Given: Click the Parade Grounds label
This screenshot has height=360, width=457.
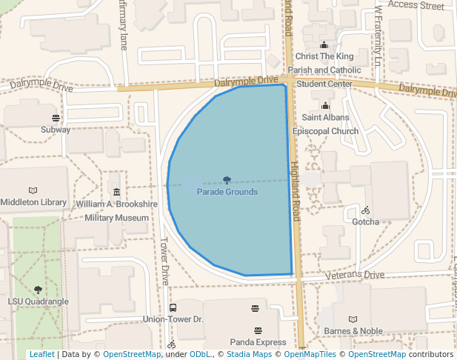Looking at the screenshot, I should (227, 192).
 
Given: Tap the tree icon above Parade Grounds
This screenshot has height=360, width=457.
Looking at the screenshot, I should (227, 180).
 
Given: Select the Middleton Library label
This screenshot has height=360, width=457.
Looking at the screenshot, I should (33, 202).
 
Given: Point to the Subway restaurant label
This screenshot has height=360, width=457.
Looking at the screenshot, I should (56, 130).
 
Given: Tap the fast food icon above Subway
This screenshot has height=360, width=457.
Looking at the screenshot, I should (56, 119).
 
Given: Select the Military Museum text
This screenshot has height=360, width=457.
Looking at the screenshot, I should (116, 219).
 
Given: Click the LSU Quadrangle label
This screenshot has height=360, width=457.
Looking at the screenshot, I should (38, 301).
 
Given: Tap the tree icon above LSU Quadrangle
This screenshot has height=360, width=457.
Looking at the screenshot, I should (38, 290).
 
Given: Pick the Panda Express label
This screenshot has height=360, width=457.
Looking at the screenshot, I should (258, 342).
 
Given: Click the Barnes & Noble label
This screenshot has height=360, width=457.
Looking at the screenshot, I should (353, 331).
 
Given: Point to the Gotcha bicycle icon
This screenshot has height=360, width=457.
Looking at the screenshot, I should (366, 210).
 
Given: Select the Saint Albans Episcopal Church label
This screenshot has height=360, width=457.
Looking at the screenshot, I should (325, 124).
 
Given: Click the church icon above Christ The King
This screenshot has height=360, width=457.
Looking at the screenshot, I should (324, 45).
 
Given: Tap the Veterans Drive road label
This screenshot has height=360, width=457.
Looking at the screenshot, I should (356, 276).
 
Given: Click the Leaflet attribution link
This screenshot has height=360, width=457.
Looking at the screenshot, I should (41, 354).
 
